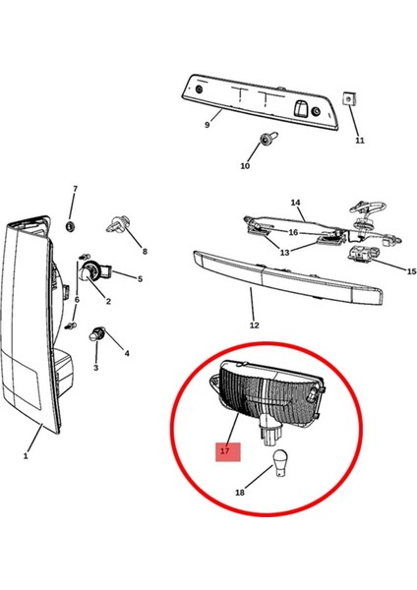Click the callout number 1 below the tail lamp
click(x=26, y=455)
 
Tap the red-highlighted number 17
click(x=225, y=450)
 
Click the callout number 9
click(x=207, y=125)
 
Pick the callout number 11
click(x=360, y=141)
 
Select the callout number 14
click(x=295, y=203)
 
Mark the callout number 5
click(x=140, y=278)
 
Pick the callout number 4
click(x=126, y=353)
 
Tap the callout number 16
click(x=292, y=232)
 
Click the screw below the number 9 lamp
click(x=267, y=143)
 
